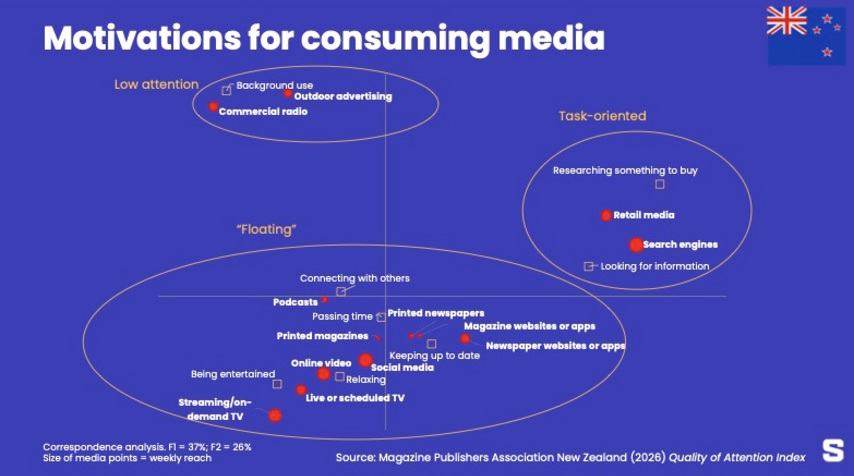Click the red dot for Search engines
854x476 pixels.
(636, 245)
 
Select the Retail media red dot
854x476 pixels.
(606, 215)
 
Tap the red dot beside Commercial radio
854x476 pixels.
(213, 106)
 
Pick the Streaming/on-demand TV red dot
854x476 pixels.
(275, 416)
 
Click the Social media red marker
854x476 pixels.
(365, 360)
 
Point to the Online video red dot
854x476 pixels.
(323, 374)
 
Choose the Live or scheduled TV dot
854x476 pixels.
(301, 389)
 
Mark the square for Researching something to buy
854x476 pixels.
(659, 184)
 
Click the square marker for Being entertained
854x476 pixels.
(277, 384)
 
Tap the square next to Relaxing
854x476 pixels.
(339, 377)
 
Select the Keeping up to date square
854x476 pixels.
(431, 344)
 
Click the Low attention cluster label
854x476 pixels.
(157, 84)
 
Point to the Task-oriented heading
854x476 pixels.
(603, 116)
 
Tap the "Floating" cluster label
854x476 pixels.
(266, 229)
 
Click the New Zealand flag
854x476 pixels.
(805, 36)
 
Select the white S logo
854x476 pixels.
(833, 451)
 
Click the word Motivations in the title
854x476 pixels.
(142, 38)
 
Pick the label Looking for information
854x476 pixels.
(655, 266)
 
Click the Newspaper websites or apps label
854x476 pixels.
(556, 346)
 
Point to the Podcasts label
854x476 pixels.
(296, 302)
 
